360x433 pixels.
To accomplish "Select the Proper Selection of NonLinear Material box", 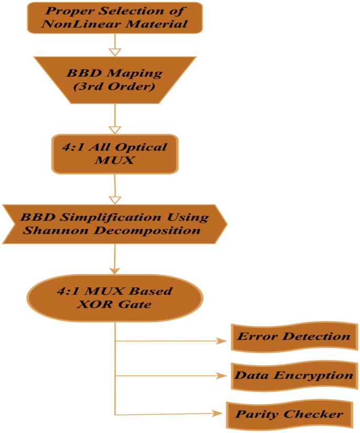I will tap(114, 17).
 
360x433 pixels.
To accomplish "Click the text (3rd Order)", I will tap(114, 86).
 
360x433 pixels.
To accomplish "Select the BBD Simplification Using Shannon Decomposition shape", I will tap(115, 224).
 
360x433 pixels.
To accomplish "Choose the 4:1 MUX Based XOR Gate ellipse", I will tap(115, 297).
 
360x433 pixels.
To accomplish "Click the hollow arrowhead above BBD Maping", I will tap(115, 51).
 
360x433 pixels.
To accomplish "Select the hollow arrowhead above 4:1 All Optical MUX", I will tap(115, 128).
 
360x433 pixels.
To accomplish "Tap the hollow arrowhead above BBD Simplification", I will tap(115, 200).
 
